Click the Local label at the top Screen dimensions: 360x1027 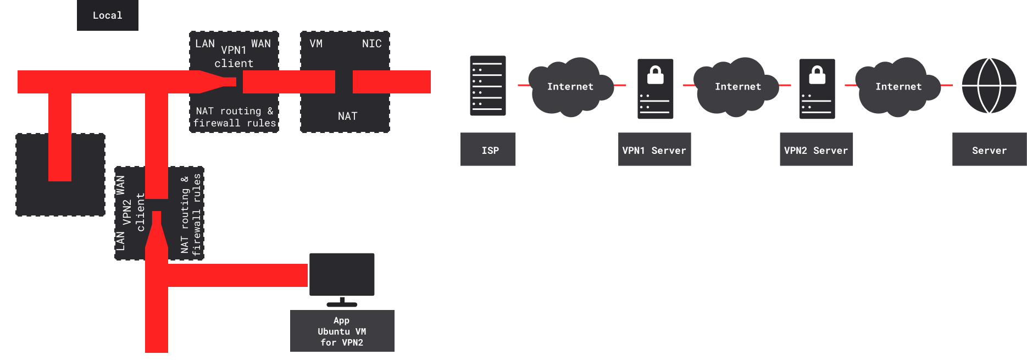(107, 15)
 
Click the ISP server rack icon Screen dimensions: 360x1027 (487, 86)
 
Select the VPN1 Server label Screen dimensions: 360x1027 (654, 149)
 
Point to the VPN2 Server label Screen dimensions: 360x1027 (816, 149)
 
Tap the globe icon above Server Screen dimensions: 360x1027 (989, 86)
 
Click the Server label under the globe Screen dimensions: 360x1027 (989, 149)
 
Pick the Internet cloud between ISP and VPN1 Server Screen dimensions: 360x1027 (570, 87)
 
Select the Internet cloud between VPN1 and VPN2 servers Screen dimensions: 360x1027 (737, 87)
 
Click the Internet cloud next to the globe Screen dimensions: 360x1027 (898, 87)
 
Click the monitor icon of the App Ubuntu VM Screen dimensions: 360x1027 (342, 275)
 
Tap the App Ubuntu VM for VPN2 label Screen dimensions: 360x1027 (342, 331)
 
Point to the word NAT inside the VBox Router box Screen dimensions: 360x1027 (347, 116)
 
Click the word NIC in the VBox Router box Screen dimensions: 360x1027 (371, 43)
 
